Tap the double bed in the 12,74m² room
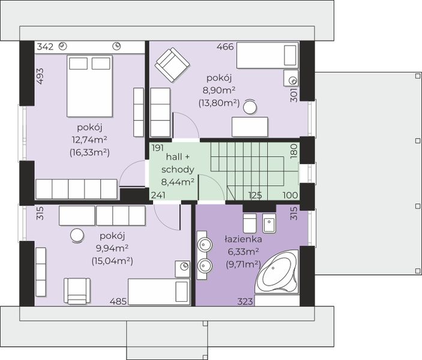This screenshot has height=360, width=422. click(89, 86)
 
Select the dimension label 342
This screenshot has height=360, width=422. click(45, 47)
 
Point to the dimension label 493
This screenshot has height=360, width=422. click(40, 76)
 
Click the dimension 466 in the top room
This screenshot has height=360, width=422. click(225, 47)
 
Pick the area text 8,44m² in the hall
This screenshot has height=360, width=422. click(178, 182)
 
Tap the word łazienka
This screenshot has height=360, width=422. click(243, 239)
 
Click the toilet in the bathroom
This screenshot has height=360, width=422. click(250, 223)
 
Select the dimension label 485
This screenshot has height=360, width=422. click(118, 302)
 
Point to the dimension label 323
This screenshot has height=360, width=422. click(245, 302)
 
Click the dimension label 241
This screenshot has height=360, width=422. click(158, 195)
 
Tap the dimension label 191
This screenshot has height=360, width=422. click(158, 148)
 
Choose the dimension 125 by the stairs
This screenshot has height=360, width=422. click(255, 195)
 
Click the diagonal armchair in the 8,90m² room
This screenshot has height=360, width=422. click(172, 65)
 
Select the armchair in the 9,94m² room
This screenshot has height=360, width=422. click(77, 291)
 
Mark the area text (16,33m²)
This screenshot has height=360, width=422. click(89, 152)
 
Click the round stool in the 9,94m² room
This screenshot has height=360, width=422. click(77, 235)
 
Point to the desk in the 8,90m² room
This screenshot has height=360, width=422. click(250, 127)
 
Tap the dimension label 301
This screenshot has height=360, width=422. click(294, 95)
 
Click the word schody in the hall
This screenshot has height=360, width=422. click(178, 170)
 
